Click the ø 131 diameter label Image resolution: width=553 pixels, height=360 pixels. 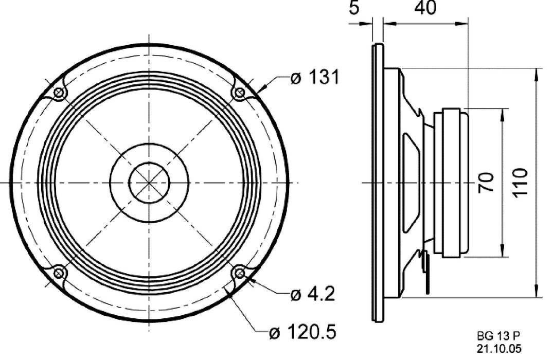314,78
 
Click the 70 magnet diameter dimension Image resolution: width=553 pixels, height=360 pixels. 486,183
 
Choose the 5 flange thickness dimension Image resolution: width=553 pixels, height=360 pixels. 353,8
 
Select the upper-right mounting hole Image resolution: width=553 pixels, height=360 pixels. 239,93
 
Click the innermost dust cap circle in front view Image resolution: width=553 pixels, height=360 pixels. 149,183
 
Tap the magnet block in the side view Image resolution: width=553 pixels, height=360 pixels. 451,183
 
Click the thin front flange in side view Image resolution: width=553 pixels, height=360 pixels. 378,183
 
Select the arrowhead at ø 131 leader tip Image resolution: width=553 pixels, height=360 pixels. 258,91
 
